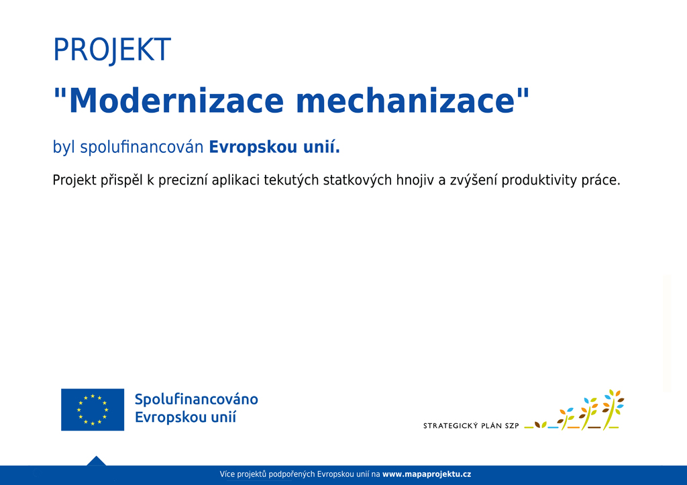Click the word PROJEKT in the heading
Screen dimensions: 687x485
pyautogui.click(x=112, y=50)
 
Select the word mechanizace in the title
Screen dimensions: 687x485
pyautogui.click(x=405, y=101)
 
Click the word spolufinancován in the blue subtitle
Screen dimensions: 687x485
pyautogui.click(x=142, y=147)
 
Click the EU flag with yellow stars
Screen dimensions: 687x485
pyautogui.click(x=93, y=410)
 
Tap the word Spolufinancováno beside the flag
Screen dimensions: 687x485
pyautogui.click(x=197, y=400)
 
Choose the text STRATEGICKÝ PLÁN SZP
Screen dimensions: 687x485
pyautogui.click(x=471, y=425)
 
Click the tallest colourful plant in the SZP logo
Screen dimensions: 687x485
pyautogui.click(x=613, y=409)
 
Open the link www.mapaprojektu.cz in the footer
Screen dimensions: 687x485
pyautogui.click(x=427, y=474)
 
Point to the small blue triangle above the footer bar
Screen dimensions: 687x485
pyautogui.click(x=97, y=461)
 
